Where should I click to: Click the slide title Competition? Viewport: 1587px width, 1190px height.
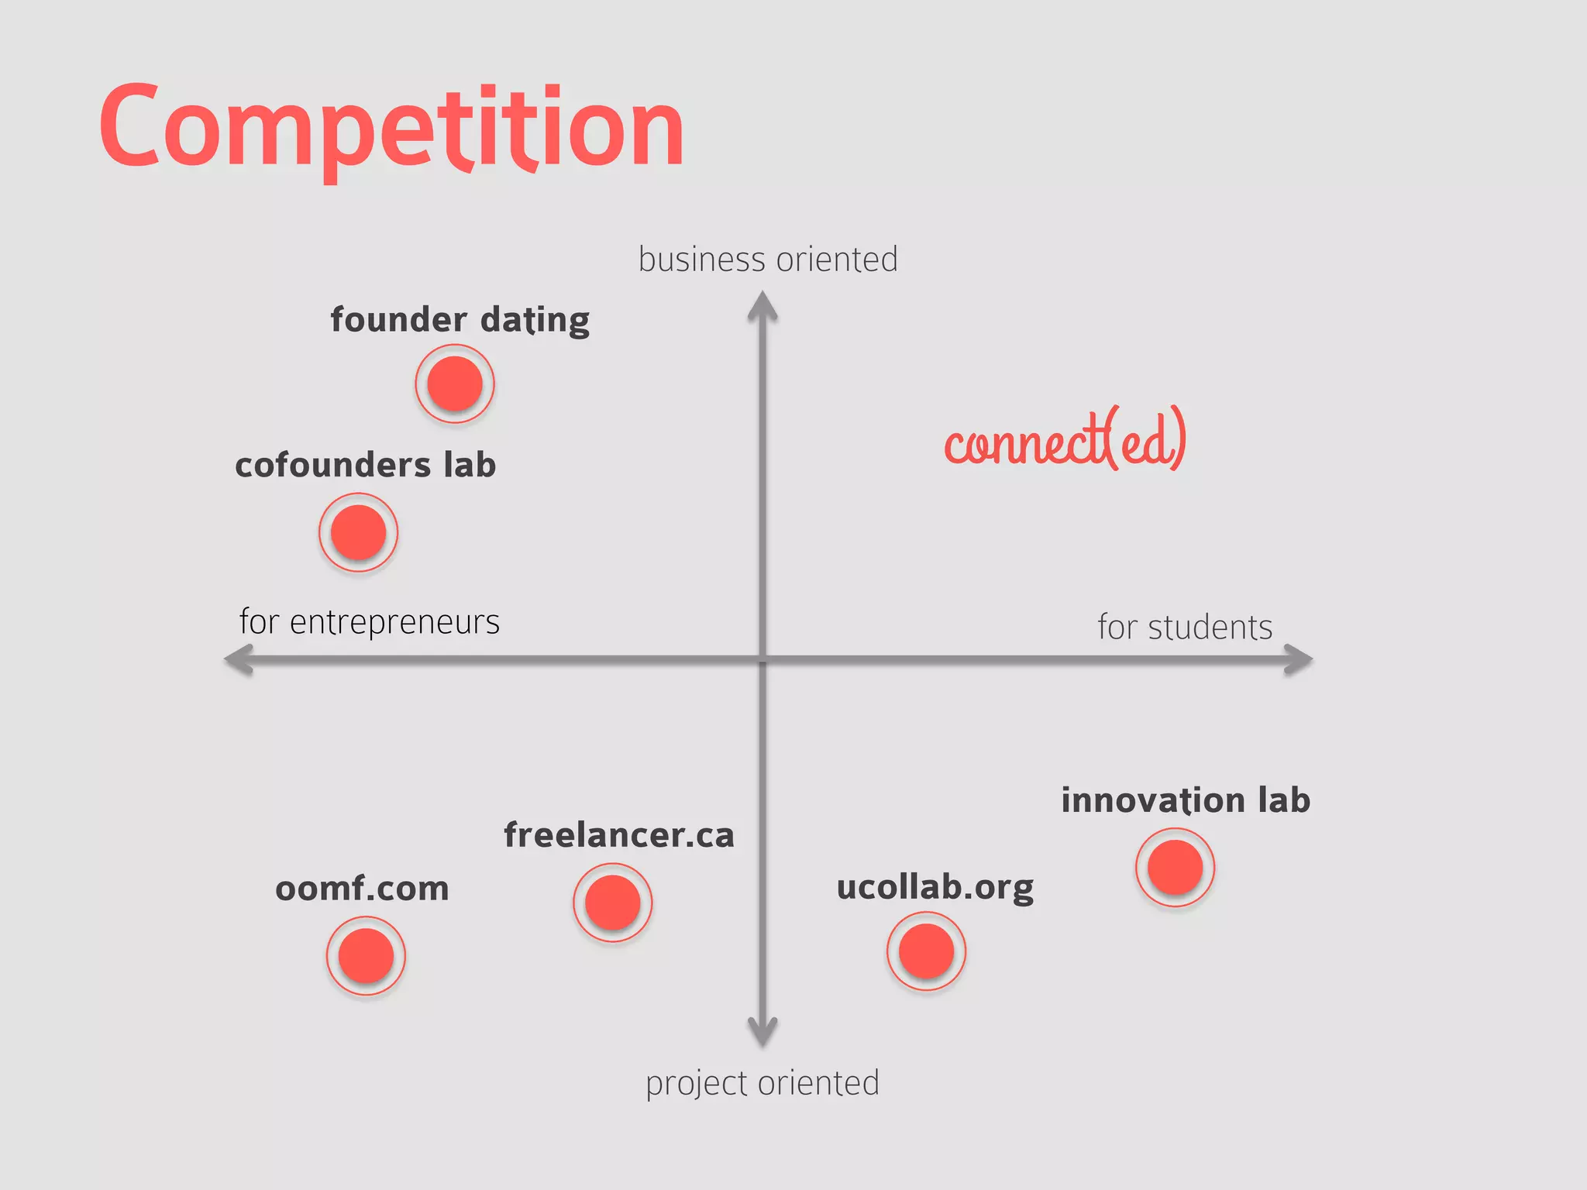pyautogui.click(x=391, y=128)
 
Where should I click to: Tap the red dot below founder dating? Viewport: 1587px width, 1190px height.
pyautogui.click(x=455, y=383)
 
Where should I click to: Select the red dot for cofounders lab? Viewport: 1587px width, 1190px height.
pyautogui.click(x=358, y=532)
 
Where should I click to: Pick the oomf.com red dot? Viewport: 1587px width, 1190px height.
pyautogui.click(x=366, y=955)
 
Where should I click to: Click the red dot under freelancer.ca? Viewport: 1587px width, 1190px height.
pyautogui.click(x=612, y=903)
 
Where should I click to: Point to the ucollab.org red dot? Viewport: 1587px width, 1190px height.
pyautogui.click(x=926, y=951)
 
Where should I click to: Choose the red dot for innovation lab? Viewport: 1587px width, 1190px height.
pyautogui.click(x=1175, y=867)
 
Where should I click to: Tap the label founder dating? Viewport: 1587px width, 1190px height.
pyautogui.click(x=460, y=320)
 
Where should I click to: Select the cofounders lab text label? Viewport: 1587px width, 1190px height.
pyautogui.click(x=365, y=465)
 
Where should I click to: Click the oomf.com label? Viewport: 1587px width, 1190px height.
pyautogui.click(x=362, y=889)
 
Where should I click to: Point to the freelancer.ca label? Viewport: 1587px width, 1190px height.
pyautogui.click(x=618, y=835)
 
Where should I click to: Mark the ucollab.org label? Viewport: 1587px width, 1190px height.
pyautogui.click(x=935, y=888)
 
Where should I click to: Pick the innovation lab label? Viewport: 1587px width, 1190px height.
pyautogui.click(x=1185, y=800)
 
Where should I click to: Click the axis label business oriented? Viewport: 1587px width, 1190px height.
pyautogui.click(x=767, y=260)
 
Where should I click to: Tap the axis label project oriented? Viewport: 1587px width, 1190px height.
pyautogui.click(x=763, y=1083)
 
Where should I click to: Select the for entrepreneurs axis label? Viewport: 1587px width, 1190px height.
pyautogui.click(x=370, y=622)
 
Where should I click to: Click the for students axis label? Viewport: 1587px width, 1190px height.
pyautogui.click(x=1184, y=628)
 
